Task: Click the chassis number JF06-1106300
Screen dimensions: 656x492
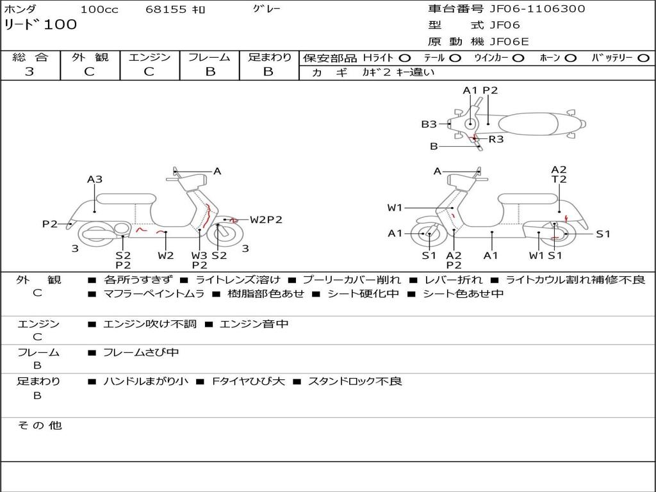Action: pyautogui.click(x=537, y=9)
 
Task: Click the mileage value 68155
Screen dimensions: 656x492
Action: pyautogui.click(x=166, y=10)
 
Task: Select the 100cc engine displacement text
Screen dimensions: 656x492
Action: pyautogui.click(x=98, y=10)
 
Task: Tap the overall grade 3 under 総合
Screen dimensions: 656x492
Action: pyautogui.click(x=29, y=71)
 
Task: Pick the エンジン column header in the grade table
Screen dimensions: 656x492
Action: pyautogui.click(x=149, y=58)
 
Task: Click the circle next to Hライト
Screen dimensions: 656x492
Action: pyautogui.click(x=405, y=58)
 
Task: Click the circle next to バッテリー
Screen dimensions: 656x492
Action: pyautogui.click(x=643, y=58)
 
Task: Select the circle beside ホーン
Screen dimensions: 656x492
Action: pyautogui.click(x=570, y=58)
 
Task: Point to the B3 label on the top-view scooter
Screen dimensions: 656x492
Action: pyautogui.click(x=429, y=124)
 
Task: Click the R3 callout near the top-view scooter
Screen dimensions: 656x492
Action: pyautogui.click(x=496, y=139)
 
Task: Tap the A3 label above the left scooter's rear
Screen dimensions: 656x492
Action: pyautogui.click(x=95, y=180)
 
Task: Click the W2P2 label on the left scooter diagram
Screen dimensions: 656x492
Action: pyautogui.click(x=266, y=220)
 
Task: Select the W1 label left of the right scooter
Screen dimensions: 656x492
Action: pyautogui.click(x=395, y=208)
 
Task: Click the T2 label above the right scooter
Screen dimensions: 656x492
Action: pyautogui.click(x=559, y=180)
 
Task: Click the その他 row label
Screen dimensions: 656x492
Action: pyautogui.click(x=39, y=425)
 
